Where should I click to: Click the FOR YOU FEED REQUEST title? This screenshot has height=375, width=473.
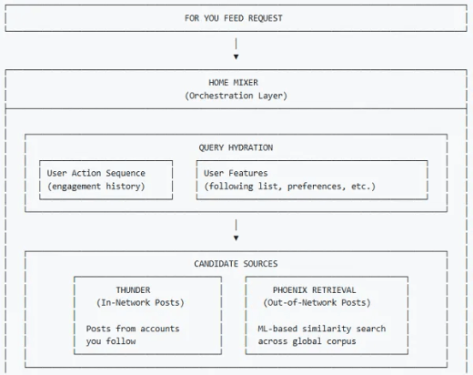tap(234, 18)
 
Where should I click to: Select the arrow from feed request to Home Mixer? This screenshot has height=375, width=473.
tap(236, 48)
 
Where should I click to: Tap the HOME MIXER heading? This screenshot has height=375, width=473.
tap(233, 83)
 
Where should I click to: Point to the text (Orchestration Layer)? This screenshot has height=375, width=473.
tap(236, 96)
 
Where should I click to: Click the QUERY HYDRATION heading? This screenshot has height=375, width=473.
tap(236, 147)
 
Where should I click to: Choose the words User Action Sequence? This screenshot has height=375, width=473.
tap(96, 173)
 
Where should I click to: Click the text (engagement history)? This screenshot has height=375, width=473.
tap(96, 187)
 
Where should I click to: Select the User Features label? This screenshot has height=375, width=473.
tap(236, 173)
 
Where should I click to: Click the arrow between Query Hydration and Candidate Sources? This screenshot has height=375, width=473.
tap(236, 230)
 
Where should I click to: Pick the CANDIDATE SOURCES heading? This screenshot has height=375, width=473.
tap(236, 264)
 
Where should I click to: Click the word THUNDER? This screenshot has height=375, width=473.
tap(133, 290)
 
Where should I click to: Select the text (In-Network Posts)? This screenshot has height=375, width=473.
tap(140, 303)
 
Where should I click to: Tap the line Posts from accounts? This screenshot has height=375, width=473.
tap(133, 329)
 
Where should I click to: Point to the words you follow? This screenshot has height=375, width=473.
tap(111, 341)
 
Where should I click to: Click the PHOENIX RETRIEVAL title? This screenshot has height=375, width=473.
tap(314, 290)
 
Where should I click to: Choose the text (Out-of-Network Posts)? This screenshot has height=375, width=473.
tap(317, 303)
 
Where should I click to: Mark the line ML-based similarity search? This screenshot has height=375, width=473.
tap(322, 329)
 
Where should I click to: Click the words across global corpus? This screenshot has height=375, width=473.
tap(307, 341)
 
